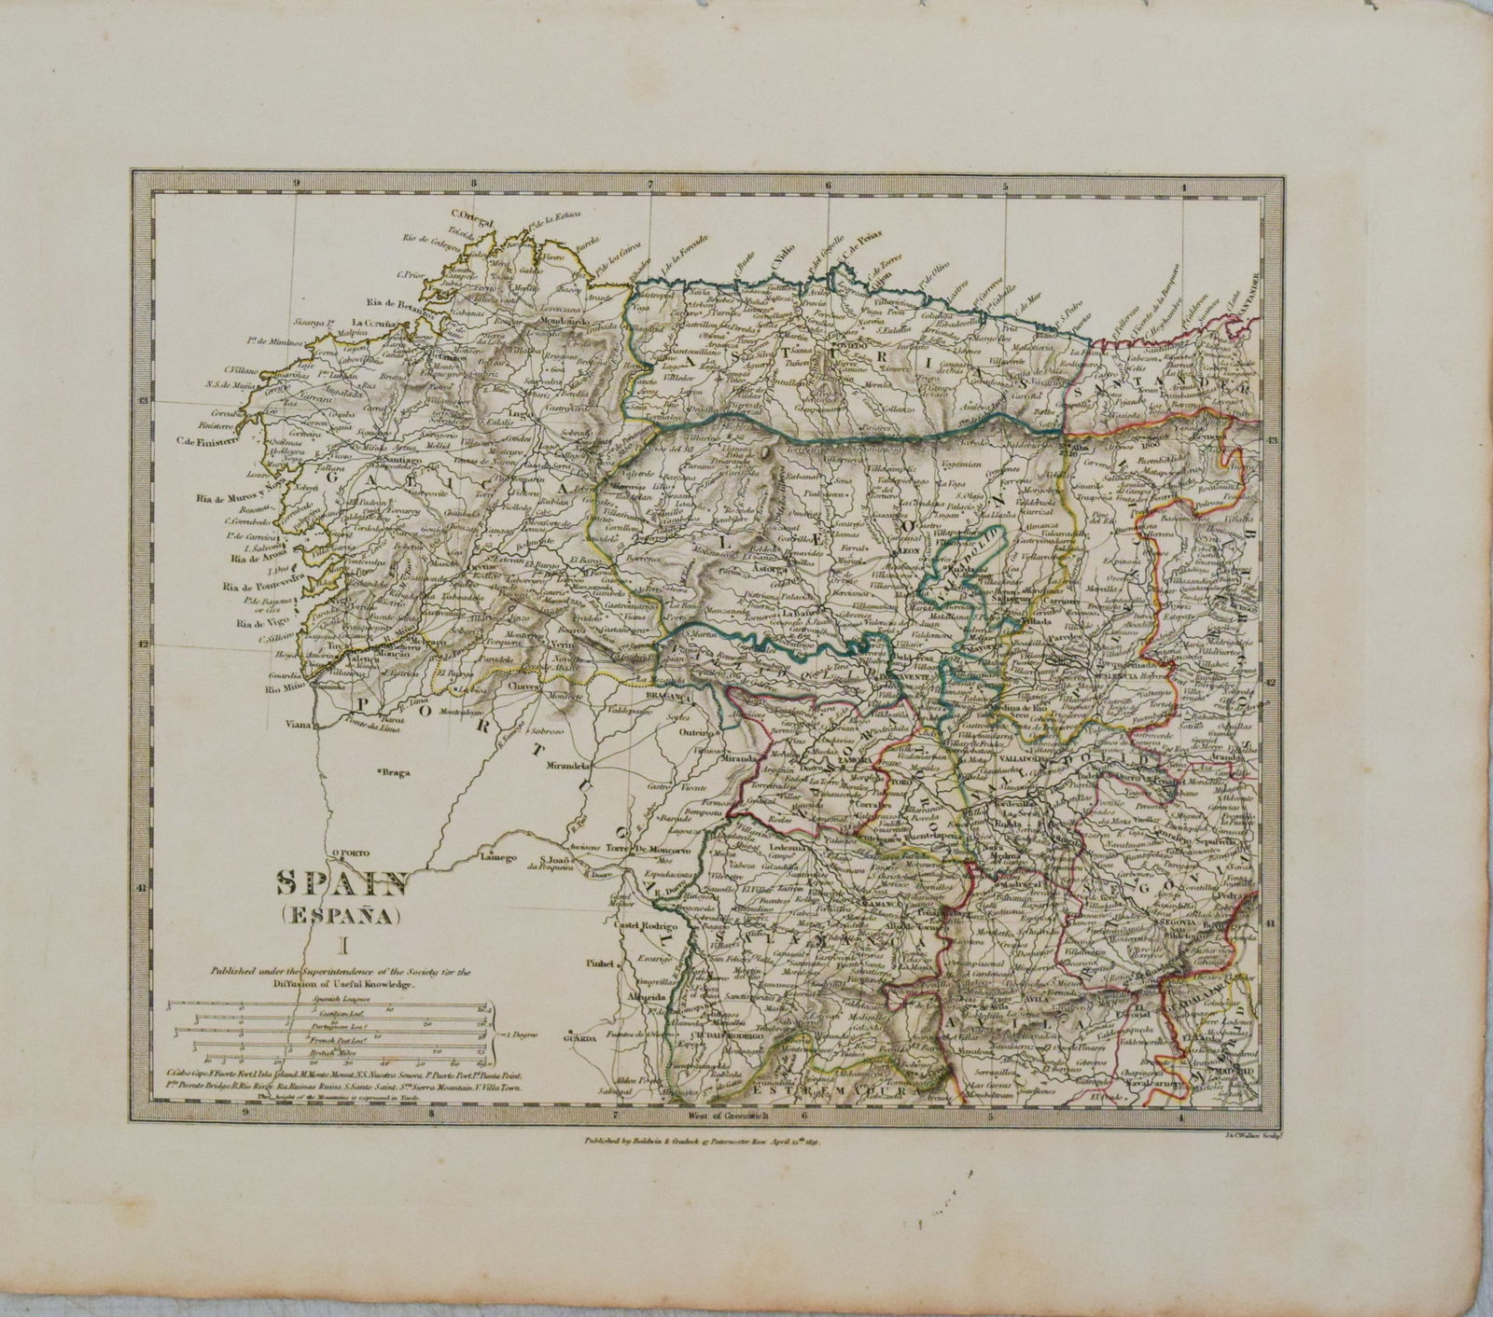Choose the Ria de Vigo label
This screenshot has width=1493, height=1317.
pyautogui.click(x=258, y=623)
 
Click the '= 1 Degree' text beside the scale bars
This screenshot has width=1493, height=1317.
pyautogui.click(x=516, y=1034)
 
